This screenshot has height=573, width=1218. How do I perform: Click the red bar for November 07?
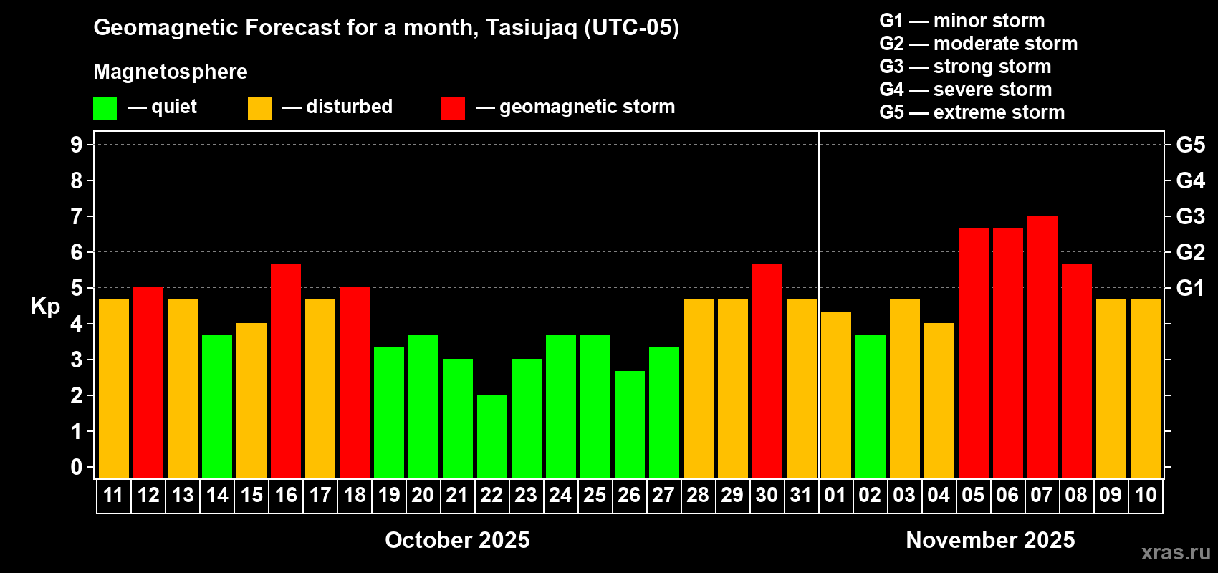[x=1042, y=347]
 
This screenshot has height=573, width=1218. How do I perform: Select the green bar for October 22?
[x=492, y=436]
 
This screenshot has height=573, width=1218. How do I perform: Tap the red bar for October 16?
[x=286, y=371]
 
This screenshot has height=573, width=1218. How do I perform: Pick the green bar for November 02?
[x=871, y=407]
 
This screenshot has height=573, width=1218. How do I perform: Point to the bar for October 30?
[x=767, y=371]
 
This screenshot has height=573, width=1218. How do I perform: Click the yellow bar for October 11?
[x=114, y=389]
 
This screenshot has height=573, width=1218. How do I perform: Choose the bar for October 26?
[x=630, y=425]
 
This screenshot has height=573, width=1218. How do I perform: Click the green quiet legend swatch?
[x=105, y=107]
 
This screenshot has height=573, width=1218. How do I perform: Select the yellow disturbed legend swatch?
[x=259, y=107]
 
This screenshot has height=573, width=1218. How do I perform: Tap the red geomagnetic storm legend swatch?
[x=454, y=107]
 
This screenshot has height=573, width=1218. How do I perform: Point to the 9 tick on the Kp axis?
[x=76, y=145]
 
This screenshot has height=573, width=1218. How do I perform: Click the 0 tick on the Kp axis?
[x=76, y=467]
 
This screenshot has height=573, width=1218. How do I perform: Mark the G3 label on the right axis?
[x=1191, y=216]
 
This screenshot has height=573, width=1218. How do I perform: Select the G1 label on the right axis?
[x=1191, y=288]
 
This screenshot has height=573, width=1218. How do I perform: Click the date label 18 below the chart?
[x=355, y=495]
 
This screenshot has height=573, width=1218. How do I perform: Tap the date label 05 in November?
[x=973, y=495]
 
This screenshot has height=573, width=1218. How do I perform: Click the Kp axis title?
[x=45, y=306]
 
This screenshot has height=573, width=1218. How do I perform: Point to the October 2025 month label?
[x=457, y=540]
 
